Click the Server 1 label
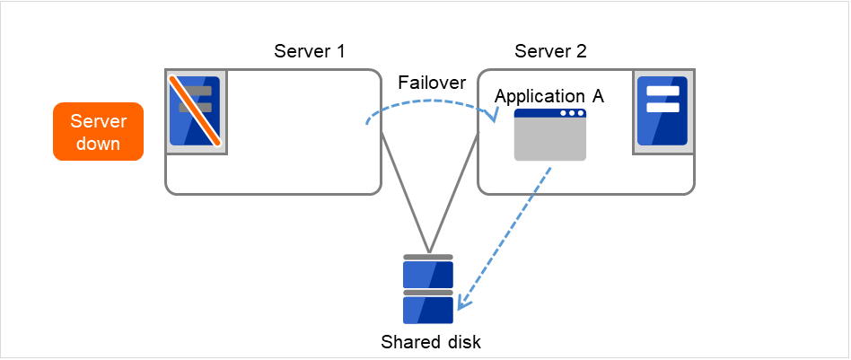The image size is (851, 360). (309, 50)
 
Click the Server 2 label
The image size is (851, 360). (550, 50)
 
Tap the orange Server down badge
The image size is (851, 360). (98, 132)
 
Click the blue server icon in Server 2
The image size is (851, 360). (662, 110)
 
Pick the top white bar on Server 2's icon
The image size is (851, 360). (662, 92)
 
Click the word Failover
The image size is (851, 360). (432, 83)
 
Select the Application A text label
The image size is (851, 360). (549, 97)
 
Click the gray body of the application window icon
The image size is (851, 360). (549, 140)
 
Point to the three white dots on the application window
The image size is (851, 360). (571, 114)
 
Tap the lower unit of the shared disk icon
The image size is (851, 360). (428, 310)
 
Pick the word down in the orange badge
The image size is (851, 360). (98, 144)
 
